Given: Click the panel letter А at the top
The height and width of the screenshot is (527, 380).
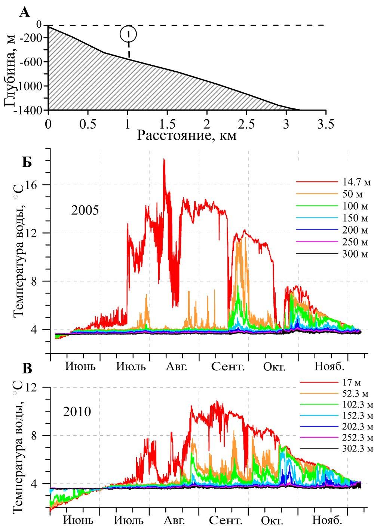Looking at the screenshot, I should coord(24,12).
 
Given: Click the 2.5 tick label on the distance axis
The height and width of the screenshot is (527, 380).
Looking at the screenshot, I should coord(246,124).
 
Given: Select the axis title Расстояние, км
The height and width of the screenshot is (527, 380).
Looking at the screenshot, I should coord(187,135).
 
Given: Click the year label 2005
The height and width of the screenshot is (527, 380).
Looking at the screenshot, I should coord(85,210).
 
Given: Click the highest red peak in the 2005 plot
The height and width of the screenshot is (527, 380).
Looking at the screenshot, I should coord(164,160).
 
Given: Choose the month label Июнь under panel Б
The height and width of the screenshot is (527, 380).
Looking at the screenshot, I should coord(80,366).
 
